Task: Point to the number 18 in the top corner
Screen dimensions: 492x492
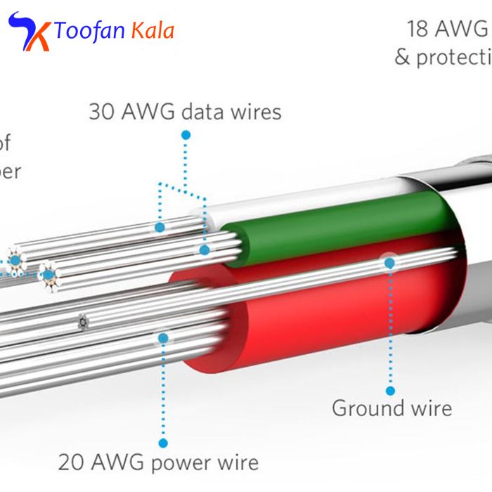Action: [418, 29]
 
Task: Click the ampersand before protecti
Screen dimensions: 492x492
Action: [402, 57]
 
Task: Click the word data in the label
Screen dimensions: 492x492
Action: [201, 112]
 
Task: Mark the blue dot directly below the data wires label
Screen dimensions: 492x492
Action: [186, 134]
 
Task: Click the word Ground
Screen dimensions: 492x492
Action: [368, 408]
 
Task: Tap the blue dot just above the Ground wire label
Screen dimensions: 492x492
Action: [391, 390]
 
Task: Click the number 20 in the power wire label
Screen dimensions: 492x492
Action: [72, 462]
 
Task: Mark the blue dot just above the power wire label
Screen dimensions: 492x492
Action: [163, 443]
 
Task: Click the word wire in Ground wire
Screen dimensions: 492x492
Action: [430, 408]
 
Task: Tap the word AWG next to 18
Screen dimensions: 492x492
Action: [461, 29]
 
